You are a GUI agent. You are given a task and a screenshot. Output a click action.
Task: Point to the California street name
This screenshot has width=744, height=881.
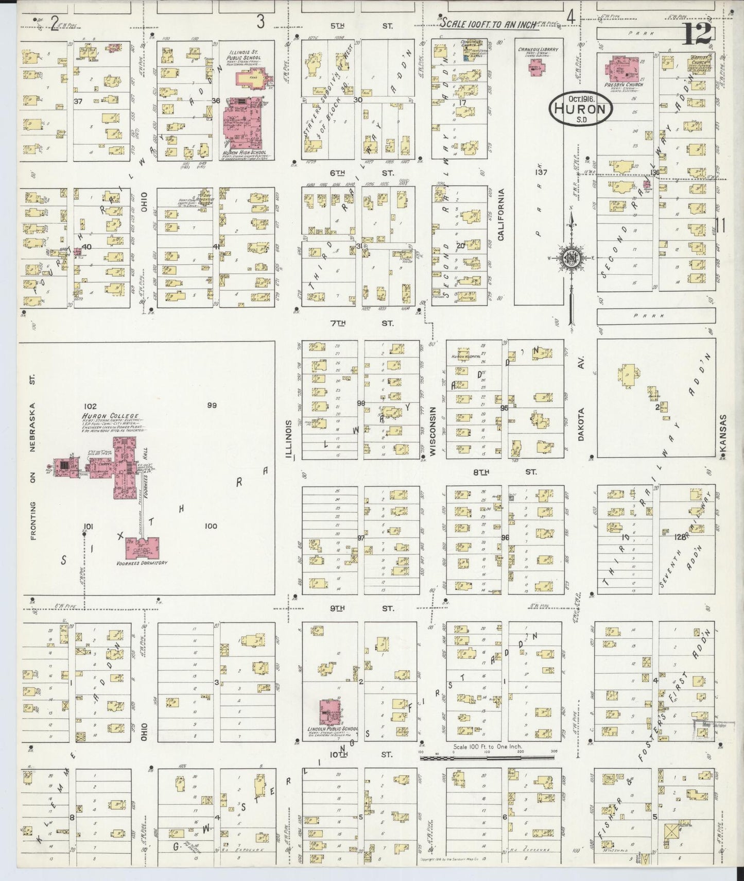click(x=500, y=214)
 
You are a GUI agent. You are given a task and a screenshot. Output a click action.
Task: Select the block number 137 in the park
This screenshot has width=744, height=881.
click(x=541, y=172)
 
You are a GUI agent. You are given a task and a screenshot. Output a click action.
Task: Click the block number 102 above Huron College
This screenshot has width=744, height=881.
click(x=89, y=406)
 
